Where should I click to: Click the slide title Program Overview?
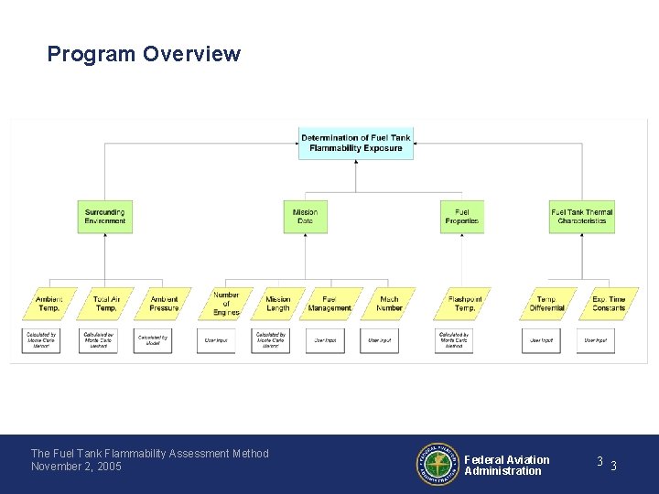(x=144, y=54)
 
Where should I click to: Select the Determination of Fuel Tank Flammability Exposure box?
(x=356, y=143)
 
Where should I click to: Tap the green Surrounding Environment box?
(x=104, y=217)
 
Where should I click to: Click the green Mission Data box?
(x=305, y=217)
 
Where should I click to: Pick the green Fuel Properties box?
(x=461, y=217)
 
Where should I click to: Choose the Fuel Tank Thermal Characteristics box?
(x=581, y=217)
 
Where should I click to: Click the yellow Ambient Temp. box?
(x=49, y=304)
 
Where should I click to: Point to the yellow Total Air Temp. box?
(x=106, y=304)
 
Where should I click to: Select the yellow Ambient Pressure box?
(x=164, y=304)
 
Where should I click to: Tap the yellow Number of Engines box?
(x=225, y=304)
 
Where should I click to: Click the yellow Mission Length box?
(x=277, y=304)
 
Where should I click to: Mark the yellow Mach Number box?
(x=389, y=304)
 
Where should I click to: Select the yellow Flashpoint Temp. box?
(x=464, y=304)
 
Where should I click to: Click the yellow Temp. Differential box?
(x=546, y=304)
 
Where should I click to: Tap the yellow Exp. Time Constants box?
(x=608, y=304)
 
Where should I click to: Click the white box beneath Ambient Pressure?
(x=153, y=340)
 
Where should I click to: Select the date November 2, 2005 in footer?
(x=76, y=467)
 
